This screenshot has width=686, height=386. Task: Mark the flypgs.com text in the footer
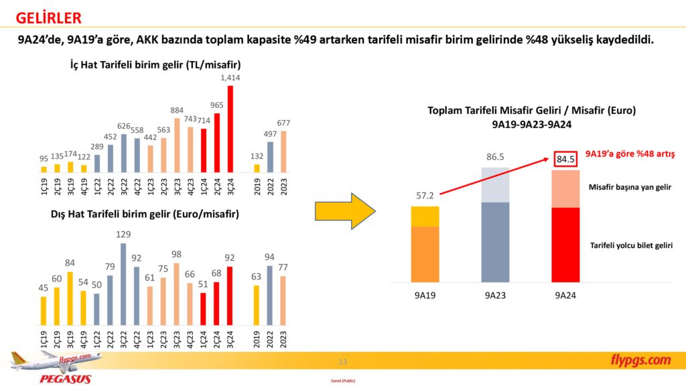(x=640, y=361)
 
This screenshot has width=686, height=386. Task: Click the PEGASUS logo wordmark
(x=65, y=379)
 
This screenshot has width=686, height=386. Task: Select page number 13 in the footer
(x=343, y=362)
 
